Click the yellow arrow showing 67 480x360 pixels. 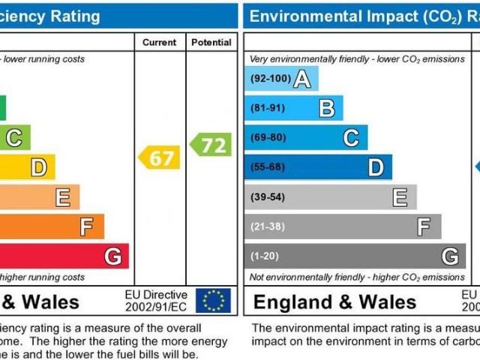160,157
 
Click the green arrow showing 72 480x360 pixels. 211,144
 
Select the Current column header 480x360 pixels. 160,43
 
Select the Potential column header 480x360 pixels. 211,43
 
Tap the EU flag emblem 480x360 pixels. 213,301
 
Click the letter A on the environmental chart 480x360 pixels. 301,79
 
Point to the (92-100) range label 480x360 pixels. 269,78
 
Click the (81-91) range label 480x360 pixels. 267,108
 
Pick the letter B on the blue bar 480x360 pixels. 326,109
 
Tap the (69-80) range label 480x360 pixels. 267,137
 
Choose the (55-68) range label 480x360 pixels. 267,167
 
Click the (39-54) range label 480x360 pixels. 267,196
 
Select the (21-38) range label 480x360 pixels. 267,226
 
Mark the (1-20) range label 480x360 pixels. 265,256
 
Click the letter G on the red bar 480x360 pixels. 112,256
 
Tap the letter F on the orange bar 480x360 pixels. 87,226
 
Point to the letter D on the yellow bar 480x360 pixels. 37,167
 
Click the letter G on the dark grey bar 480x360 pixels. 449,256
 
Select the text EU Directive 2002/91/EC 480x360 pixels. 155,301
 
